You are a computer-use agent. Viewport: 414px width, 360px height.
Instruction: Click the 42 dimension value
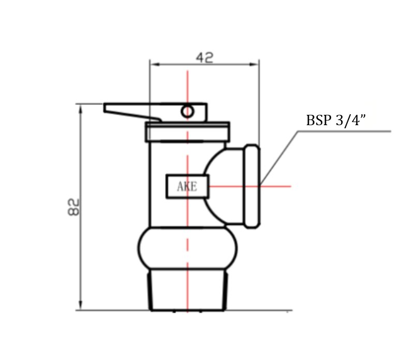(204, 57)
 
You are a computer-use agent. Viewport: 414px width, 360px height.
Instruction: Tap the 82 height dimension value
(74, 207)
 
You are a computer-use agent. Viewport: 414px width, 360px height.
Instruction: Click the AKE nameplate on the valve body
(187, 186)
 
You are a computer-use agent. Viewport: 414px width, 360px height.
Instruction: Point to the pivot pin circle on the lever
(187, 111)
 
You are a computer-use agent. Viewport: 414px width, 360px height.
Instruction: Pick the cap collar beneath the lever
(187, 132)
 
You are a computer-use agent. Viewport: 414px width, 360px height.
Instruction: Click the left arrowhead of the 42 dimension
(153, 64)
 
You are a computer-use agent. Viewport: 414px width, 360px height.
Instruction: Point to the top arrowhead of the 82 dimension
(80, 108)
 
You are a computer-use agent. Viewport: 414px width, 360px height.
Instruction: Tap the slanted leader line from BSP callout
(279, 158)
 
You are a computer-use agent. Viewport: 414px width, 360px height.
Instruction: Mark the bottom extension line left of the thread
(114, 310)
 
